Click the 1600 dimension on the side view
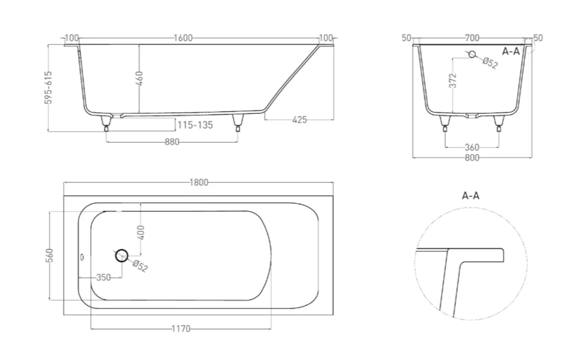(x=183, y=39)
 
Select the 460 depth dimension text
(x=140, y=78)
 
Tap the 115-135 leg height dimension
(x=195, y=125)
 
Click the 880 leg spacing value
(x=171, y=142)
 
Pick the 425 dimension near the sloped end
(x=299, y=120)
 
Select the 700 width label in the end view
(x=473, y=39)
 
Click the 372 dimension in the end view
(x=454, y=80)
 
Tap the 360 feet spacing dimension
(x=472, y=147)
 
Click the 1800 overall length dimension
(x=199, y=182)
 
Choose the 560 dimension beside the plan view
(x=49, y=255)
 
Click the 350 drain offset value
(x=103, y=278)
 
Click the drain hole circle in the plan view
(x=122, y=256)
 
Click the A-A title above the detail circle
(x=470, y=195)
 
